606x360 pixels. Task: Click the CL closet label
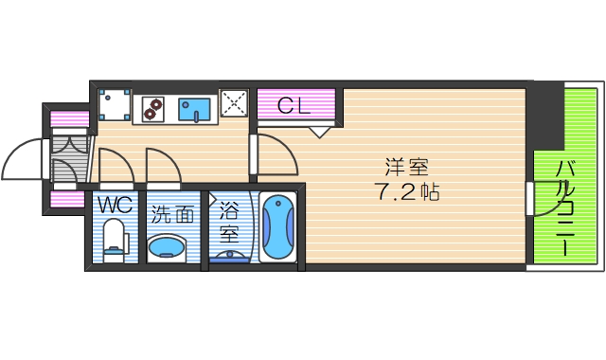coord(294,106)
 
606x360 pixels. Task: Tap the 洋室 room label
coord(407,169)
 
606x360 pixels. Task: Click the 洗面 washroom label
coord(171,215)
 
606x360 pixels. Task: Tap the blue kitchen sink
coord(196,108)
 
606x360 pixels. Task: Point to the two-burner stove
coord(151,109)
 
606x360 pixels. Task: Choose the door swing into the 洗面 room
coord(161,165)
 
